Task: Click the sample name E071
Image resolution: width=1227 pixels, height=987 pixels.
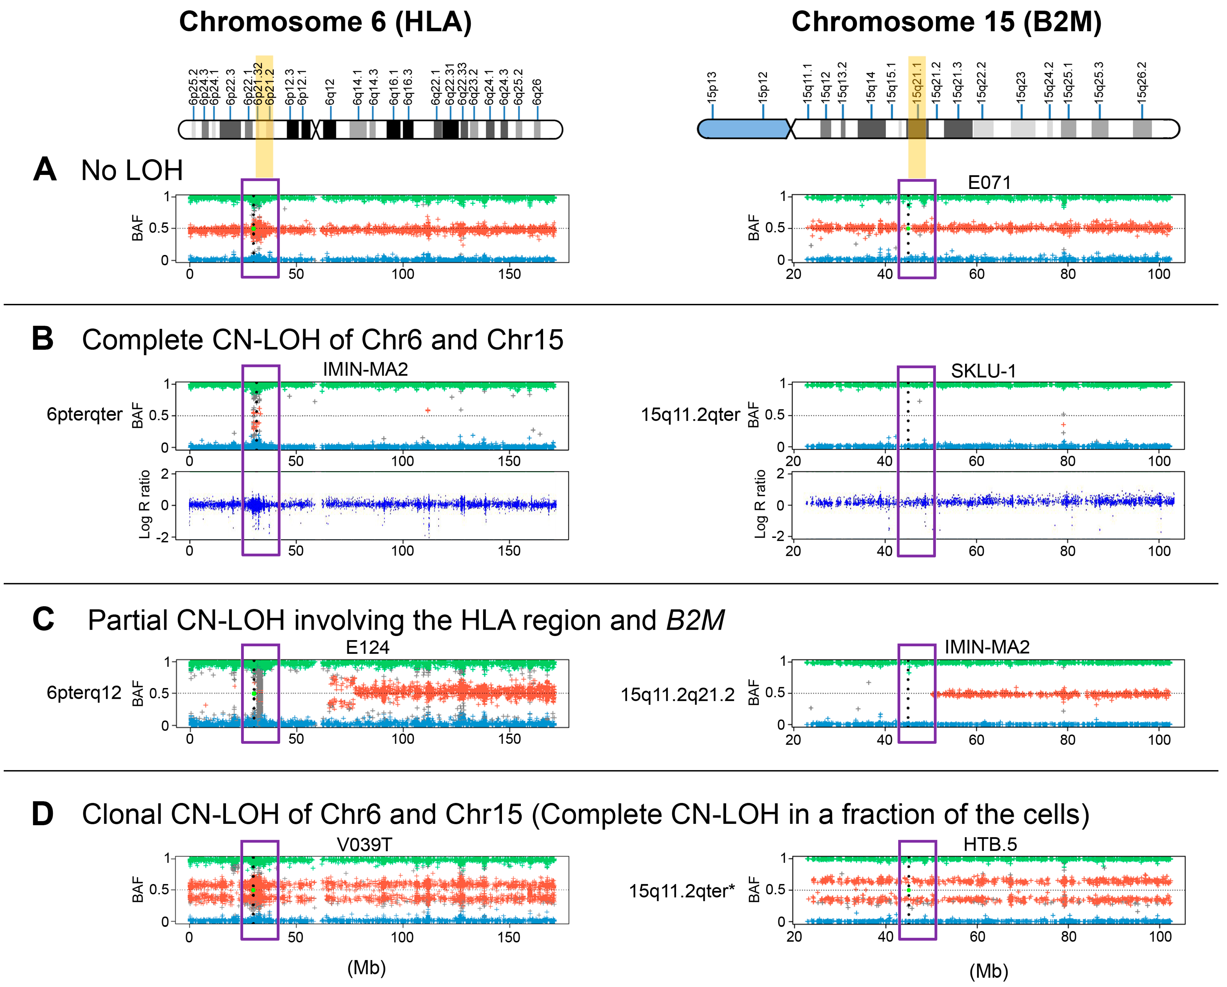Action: [x=989, y=183]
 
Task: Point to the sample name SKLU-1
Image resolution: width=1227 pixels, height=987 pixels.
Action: [x=983, y=371]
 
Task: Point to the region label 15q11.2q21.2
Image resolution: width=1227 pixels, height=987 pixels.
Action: [x=677, y=695]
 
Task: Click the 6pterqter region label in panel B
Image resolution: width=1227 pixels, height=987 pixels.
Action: [x=84, y=414]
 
